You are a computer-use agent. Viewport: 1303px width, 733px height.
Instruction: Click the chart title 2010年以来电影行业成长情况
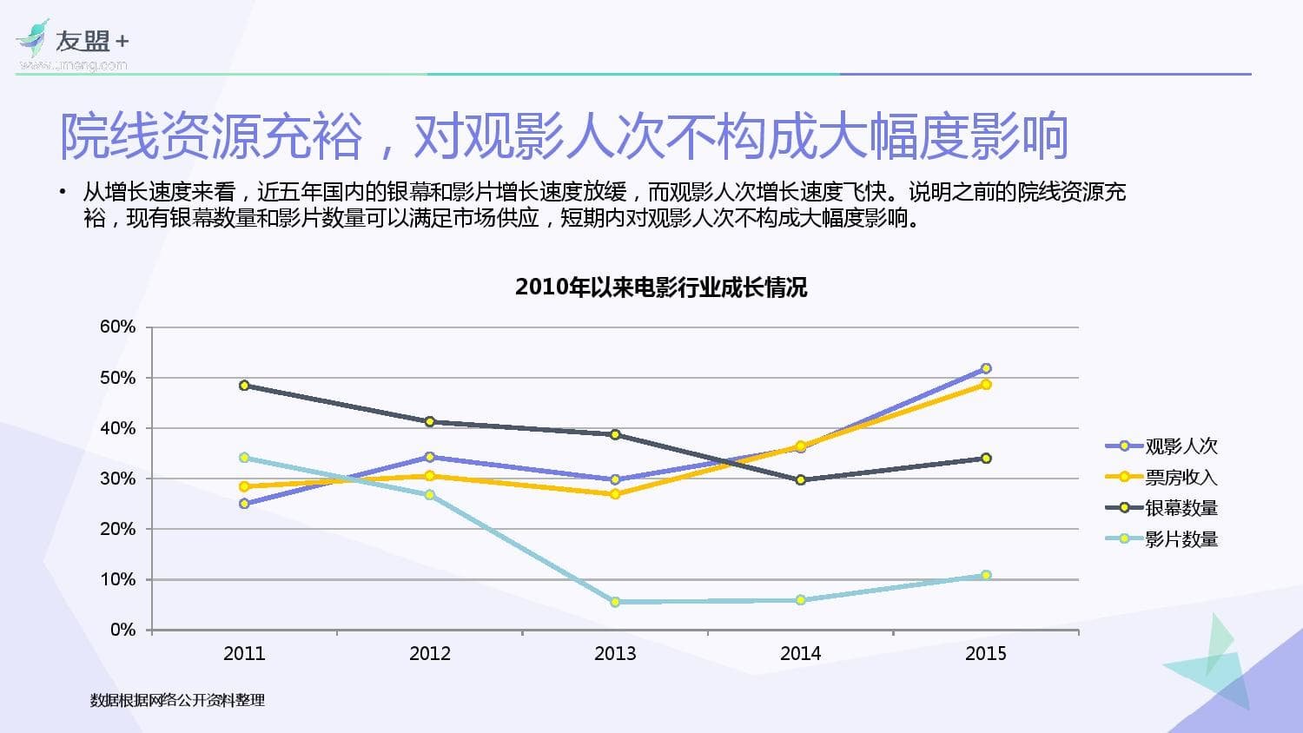click(661, 287)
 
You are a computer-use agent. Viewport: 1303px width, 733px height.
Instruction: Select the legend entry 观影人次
click(1181, 446)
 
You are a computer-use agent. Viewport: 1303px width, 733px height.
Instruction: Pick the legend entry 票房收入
click(1181, 477)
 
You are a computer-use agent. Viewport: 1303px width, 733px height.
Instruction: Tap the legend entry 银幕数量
click(1181, 508)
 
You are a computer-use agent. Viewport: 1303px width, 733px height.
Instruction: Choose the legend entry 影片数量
click(1181, 539)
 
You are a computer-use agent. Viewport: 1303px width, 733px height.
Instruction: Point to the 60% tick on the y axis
click(118, 327)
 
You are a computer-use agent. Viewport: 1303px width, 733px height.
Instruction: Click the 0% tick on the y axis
click(122, 630)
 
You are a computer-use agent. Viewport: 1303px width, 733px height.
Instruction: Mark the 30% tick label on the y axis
click(118, 479)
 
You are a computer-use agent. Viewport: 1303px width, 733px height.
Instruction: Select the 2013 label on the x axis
click(615, 654)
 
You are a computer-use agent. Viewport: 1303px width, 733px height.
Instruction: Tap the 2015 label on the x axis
click(986, 654)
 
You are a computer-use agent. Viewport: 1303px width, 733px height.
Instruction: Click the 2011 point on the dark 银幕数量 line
click(244, 386)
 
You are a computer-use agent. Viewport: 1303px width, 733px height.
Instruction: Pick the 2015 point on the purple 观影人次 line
click(986, 368)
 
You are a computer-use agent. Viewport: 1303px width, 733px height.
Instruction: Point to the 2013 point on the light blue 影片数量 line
click(615, 602)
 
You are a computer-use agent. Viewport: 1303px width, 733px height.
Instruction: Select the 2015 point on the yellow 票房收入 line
click(986, 384)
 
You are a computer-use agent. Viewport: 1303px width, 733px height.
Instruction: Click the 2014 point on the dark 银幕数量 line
click(801, 479)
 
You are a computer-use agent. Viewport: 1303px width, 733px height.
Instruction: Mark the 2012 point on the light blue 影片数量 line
click(430, 495)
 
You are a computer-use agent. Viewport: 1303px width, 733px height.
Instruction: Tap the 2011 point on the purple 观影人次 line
click(244, 504)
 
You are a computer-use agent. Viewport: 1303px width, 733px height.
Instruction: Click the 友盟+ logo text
click(91, 41)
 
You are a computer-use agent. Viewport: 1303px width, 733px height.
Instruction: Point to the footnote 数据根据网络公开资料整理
click(177, 700)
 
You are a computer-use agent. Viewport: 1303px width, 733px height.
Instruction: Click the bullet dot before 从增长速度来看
click(63, 192)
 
